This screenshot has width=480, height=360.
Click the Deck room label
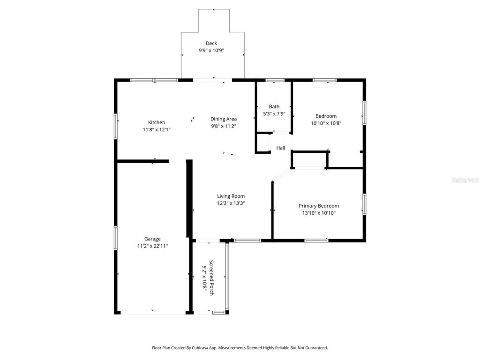[211, 43]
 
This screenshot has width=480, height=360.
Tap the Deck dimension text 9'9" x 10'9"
[211, 51]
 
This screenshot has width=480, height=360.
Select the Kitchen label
[157, 122]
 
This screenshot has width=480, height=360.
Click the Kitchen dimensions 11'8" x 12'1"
[157, 129]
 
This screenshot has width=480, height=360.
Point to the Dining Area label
[224, 119]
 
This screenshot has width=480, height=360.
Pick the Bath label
[274, 106]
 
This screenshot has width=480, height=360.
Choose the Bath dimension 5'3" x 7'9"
[274, 113]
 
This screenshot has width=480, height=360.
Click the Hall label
[281, 148]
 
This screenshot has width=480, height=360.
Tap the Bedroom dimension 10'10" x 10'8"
[326, 123]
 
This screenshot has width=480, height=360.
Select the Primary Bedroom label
[319, 206]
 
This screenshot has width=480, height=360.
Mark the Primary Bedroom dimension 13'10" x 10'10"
[319, 213]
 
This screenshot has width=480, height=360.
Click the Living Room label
[231, 196]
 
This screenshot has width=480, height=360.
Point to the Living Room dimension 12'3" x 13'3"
[231, 203]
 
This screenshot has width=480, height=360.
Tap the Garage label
[152, 239]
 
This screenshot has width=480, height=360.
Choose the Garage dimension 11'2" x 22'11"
[152, 246]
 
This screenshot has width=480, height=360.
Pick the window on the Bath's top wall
[275, 80]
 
